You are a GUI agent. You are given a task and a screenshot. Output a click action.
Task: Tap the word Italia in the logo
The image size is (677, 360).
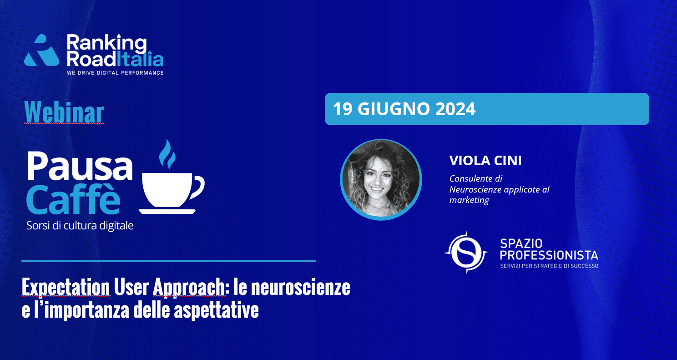(x=140, y=58)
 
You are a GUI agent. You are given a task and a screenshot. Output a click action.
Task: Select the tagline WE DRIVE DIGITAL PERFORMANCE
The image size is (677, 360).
(x=115, y=73)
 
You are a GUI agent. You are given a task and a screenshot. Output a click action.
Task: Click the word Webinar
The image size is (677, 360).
(x=64, y=112)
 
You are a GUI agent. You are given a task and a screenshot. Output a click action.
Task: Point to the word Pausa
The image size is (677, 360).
(x=80, y=166)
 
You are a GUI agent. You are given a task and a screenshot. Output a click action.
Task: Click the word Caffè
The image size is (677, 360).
(x=73, y=199)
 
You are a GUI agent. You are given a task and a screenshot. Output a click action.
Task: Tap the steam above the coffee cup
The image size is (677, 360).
(x=167, y=154)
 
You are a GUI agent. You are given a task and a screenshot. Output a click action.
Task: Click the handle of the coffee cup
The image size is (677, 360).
(x=198, y=188)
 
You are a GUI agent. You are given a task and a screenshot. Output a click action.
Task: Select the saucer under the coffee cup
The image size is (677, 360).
(x=167, y=211)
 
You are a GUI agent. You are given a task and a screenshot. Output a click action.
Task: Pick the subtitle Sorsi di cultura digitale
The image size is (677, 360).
(x=80, y=225)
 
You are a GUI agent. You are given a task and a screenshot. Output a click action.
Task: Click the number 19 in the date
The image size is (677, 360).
(x=343, y=109)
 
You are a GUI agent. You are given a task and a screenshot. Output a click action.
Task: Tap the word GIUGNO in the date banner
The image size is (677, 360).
(x=394, y=109)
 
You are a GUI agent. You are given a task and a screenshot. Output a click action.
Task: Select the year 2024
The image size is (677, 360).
(x=455, y=109)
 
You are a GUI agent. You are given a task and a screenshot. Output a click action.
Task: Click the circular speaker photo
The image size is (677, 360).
(x=381, y=180)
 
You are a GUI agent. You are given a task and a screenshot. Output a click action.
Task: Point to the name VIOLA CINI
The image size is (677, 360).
(x=485, y=161)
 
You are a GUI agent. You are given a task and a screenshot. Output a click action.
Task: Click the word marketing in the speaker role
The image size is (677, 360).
(x=469, y=200)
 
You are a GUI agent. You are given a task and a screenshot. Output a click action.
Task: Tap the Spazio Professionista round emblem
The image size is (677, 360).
(x=466, y=253)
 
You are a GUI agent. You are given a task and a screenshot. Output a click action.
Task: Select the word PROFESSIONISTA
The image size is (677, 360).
(x=549, y=255)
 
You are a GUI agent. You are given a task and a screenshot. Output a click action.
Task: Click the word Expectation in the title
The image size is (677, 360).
(x=66, y=287)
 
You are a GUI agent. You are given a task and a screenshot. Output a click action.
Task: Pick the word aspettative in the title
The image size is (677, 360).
(x=216, y=310)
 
